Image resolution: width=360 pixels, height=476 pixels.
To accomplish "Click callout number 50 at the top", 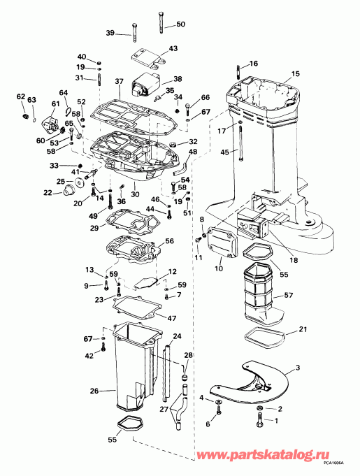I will pos(181,24).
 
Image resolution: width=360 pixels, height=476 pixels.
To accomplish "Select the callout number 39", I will pos(111,33).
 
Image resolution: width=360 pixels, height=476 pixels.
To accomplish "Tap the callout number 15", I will pos(295,73).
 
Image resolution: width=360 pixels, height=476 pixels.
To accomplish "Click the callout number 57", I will pos(288,296).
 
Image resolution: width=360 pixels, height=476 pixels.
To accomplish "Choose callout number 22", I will pos(48,193).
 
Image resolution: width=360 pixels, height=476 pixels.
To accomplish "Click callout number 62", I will pos(20,96).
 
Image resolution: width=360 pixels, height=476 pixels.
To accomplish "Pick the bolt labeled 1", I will pos(260,421).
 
